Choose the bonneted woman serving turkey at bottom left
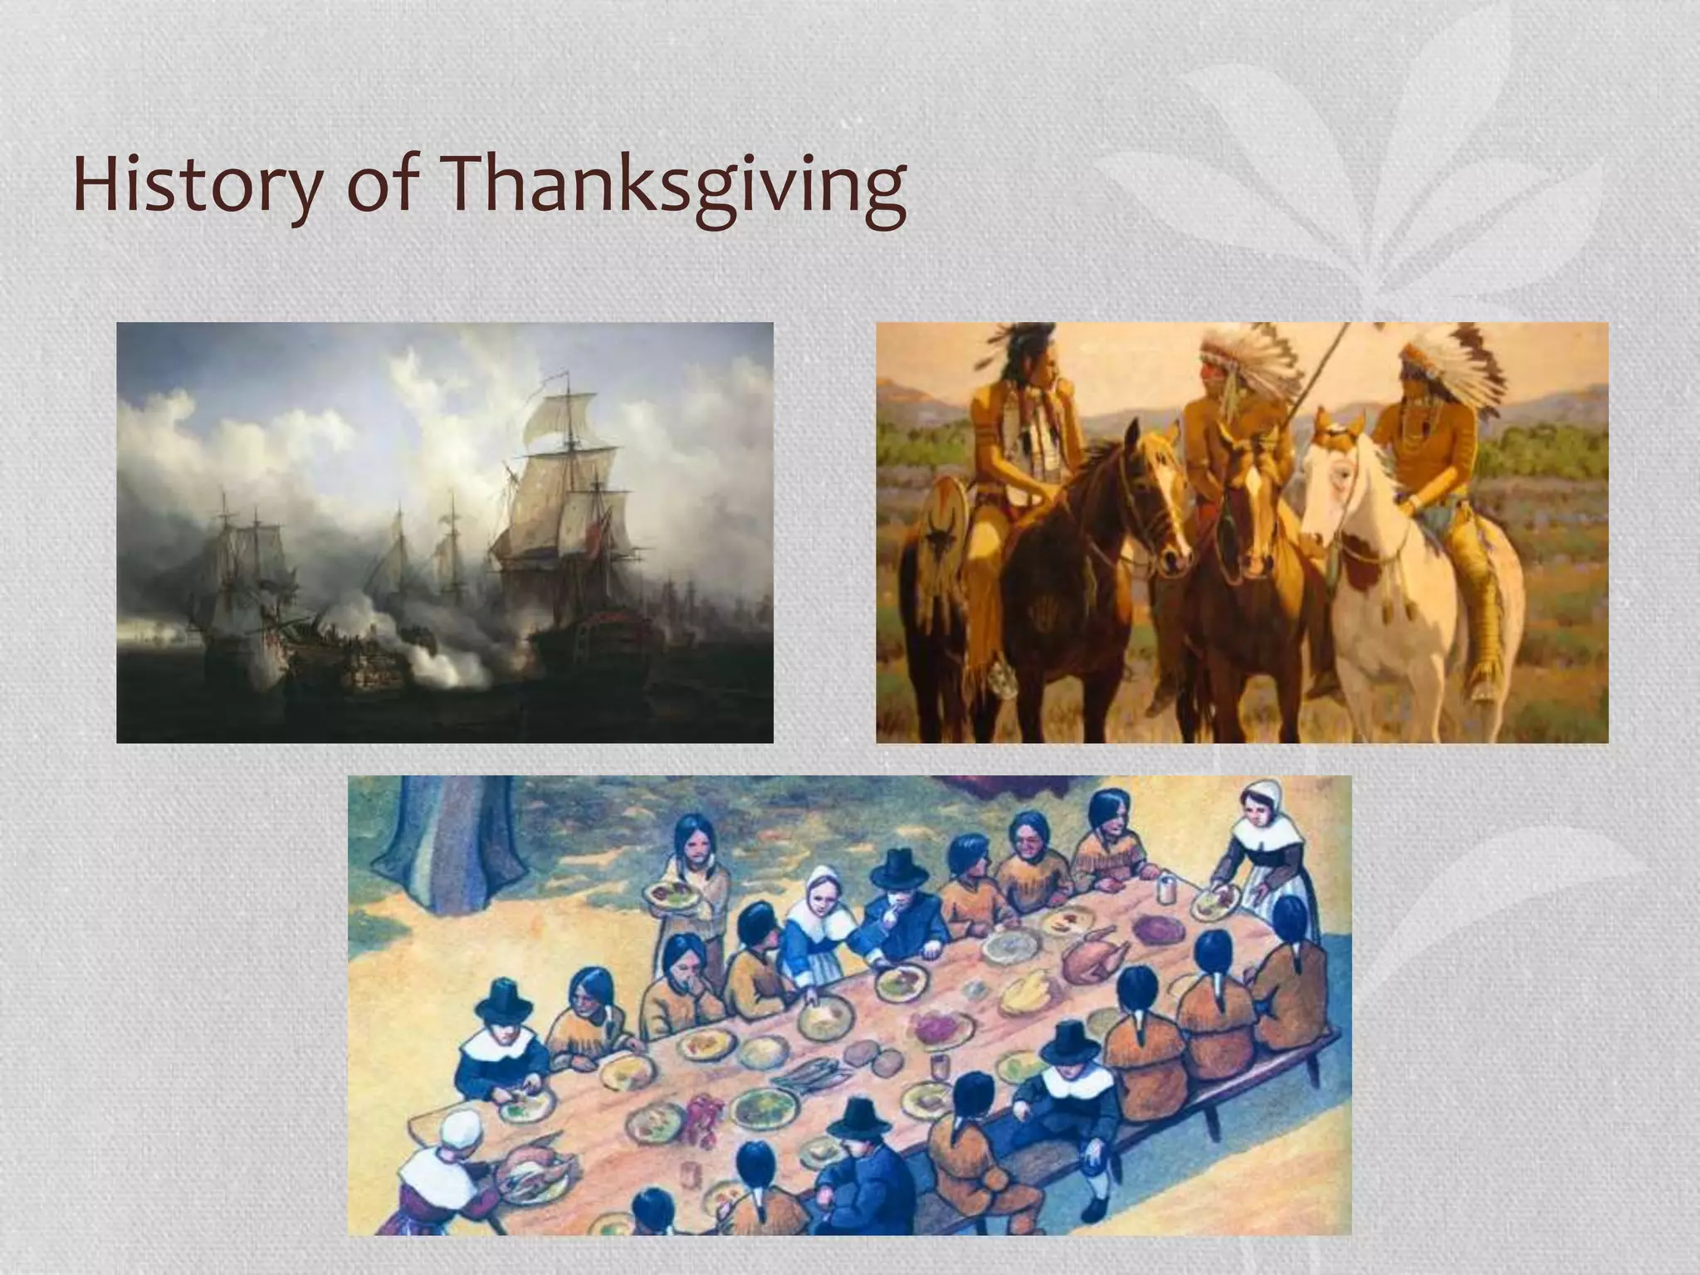point(444,1162)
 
